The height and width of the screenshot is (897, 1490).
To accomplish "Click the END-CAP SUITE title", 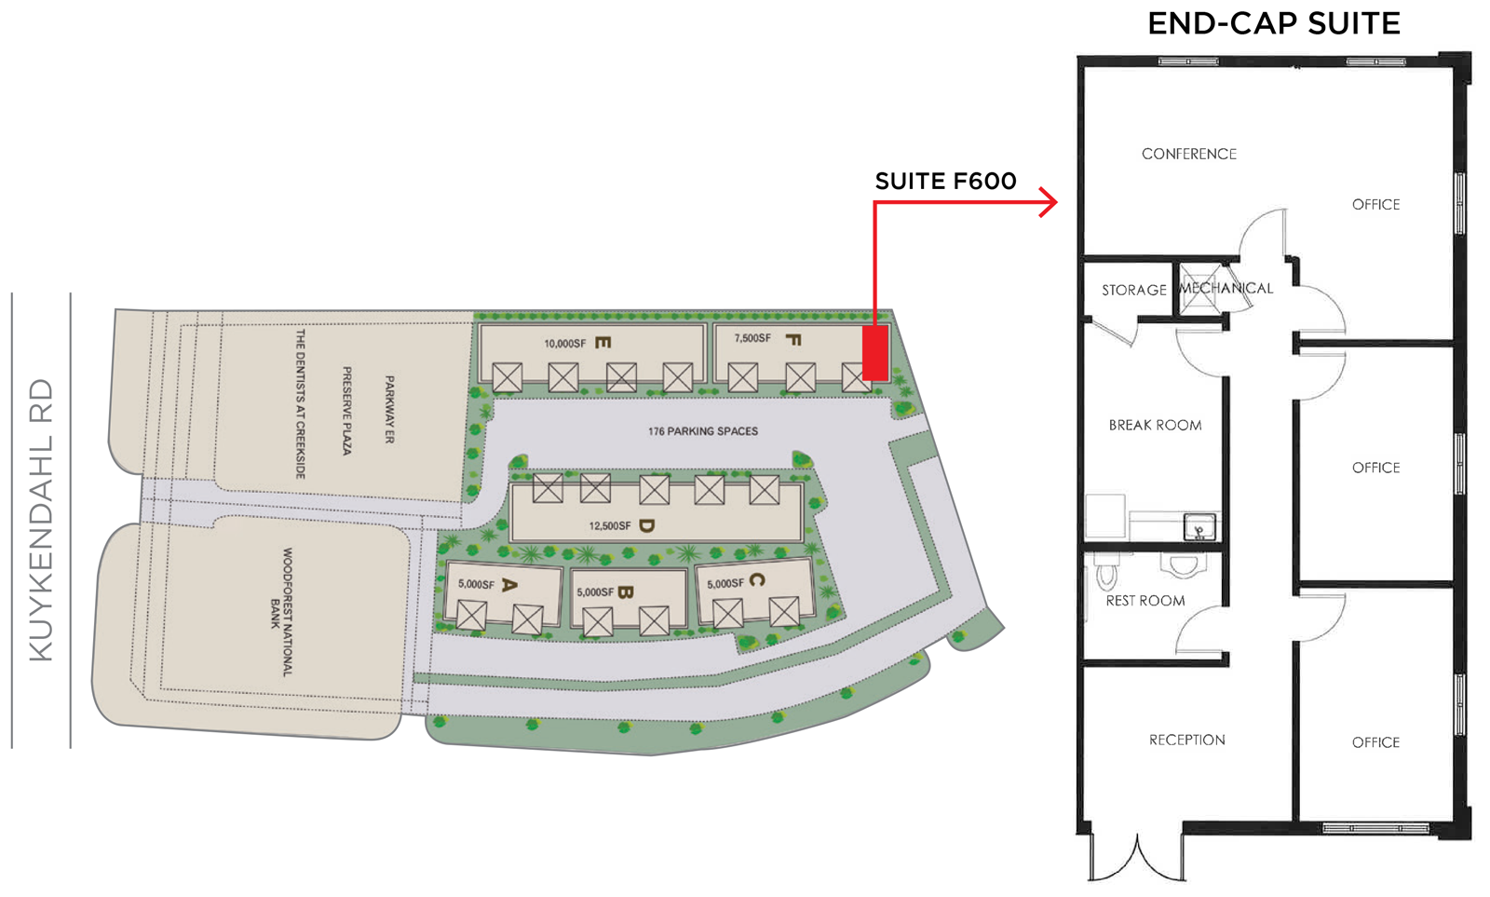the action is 1274,24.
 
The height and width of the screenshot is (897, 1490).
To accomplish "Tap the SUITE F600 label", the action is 945,181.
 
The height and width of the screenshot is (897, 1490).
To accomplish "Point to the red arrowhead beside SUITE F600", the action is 1049,202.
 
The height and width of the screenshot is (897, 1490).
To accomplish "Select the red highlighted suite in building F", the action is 875,353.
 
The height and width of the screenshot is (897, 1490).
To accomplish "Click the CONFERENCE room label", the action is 1188,154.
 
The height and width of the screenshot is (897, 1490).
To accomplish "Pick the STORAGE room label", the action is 1134,290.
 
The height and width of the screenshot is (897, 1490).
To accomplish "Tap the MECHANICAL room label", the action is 1226,288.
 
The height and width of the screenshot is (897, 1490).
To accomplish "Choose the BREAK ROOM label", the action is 1155,425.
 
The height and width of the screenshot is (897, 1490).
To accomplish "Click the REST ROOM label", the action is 1145,601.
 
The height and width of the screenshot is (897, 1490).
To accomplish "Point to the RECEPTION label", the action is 1186,740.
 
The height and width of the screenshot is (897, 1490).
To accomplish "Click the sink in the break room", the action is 1199,526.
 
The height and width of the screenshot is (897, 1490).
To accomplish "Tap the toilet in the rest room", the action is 1107,572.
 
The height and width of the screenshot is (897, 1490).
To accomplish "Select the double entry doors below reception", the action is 1137,859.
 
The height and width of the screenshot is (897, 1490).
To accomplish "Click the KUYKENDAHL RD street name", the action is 41,521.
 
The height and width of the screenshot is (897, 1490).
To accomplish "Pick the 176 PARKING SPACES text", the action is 703,431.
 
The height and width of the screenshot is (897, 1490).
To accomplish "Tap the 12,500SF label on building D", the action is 610,525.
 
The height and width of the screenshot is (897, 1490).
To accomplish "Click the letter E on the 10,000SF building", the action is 603,343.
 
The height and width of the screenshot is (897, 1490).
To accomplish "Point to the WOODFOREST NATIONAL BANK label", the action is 281,612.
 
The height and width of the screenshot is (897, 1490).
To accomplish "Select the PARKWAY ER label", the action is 390,409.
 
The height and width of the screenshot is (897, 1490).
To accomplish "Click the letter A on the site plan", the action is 508,585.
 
